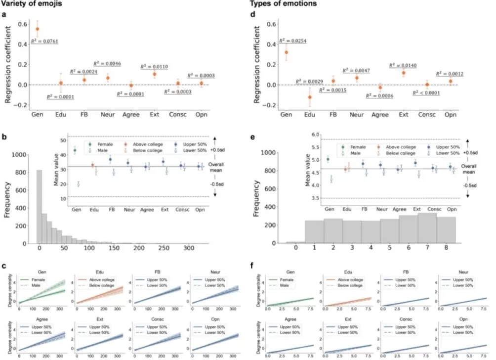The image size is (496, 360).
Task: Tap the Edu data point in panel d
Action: [310, 97]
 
